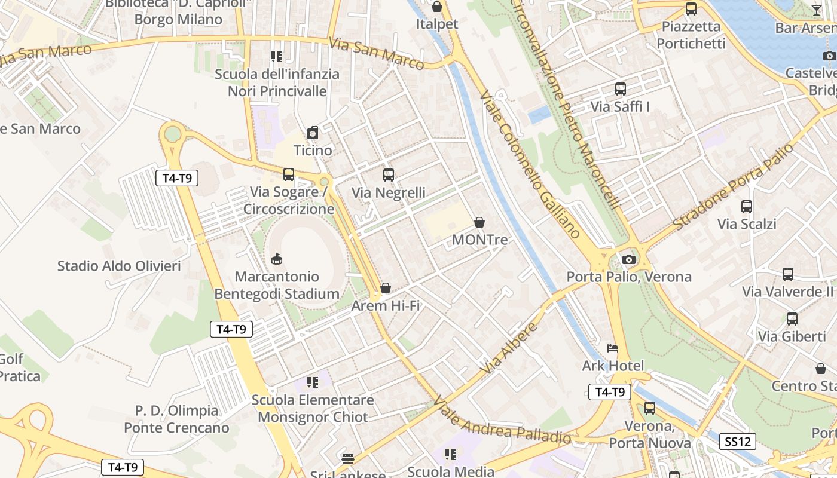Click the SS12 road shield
point(738,442)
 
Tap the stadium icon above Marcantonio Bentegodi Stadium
point(277,259)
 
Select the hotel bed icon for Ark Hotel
point(613,348)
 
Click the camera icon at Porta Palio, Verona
point(628,259)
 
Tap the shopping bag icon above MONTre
point(479,223)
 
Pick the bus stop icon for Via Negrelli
point(389,175)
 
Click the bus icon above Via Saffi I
point(621,89)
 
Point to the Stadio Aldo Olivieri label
point(119,266)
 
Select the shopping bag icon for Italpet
point(437,7)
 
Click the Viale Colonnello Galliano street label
point(530,164)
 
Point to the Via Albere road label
point(508,349)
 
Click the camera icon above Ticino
point(313,133)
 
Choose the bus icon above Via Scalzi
point(747,207)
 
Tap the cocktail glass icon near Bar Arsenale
point(817,10)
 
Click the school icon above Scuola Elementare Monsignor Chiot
point(312,382)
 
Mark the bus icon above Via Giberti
point(792,319)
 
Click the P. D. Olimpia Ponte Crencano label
point(176,419)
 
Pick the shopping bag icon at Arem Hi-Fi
point(386,289)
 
